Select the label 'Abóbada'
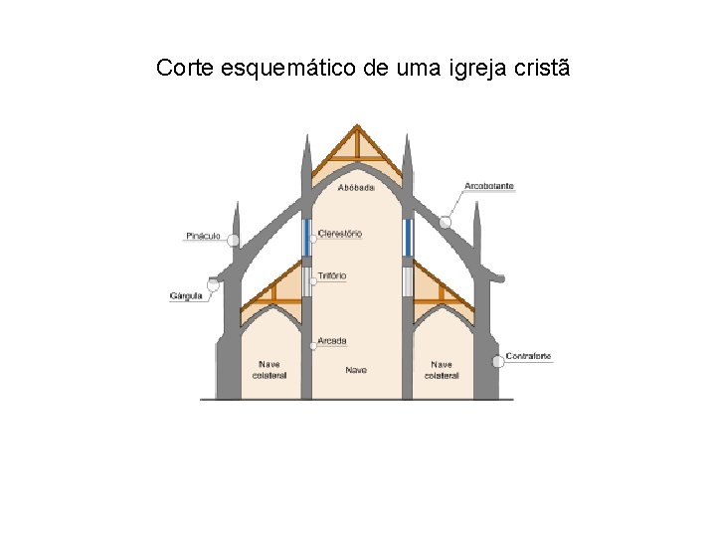pyautogui.click(x=356, y=187)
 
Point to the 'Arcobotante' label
pyautogui.click(x=489, y=186)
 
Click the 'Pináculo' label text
pyautogui.click(x=202, y=237)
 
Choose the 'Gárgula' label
pyautogui.click(x=187, y=295)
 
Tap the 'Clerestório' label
pyautogui.click(x=340, y=234)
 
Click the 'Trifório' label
pyautogui.click(x=333, y=274)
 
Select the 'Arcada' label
pyautogui.click(x=333, y=340)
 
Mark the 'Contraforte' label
pyautogui.click(x=529, y=356)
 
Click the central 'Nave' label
pyautogui.click(x=356, y=370)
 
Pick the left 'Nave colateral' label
pyautogui.click(x=269, y=369)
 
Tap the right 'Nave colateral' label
pyautogui.click(x=442, y=369)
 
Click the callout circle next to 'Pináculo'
pyautogui.click(x=233, y=240)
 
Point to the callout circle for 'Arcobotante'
pyautogui.click(x=447, y=222)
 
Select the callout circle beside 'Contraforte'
pyautogui.click(x=496, y=361)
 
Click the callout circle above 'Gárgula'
pyautogui.click(x=213, y=284)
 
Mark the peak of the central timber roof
pyautogui.click(x=357, y=127)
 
